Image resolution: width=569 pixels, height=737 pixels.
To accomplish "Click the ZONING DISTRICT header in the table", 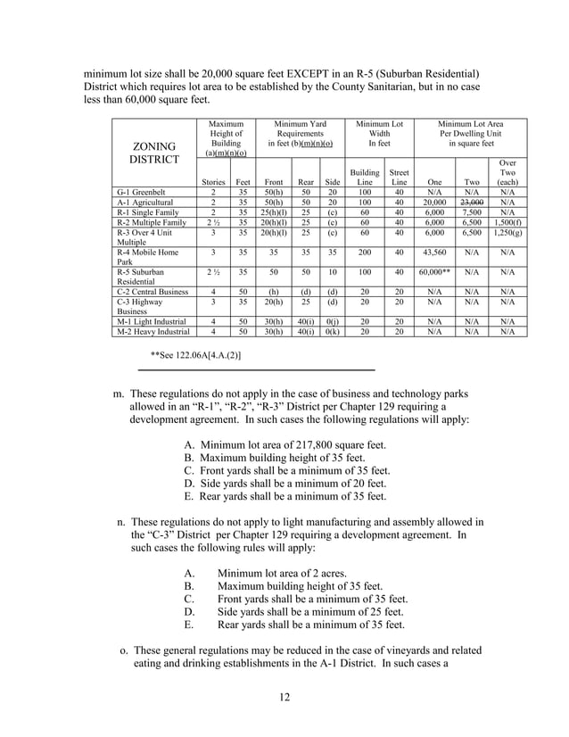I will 154,152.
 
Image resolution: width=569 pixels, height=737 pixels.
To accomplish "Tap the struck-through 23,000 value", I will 471,203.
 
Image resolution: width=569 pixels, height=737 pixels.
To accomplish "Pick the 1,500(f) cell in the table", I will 507,224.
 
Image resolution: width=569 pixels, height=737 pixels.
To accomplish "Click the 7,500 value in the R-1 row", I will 471,213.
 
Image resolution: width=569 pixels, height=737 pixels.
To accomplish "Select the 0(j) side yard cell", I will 332,320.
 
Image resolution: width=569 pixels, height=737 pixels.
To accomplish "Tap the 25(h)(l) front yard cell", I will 275,213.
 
